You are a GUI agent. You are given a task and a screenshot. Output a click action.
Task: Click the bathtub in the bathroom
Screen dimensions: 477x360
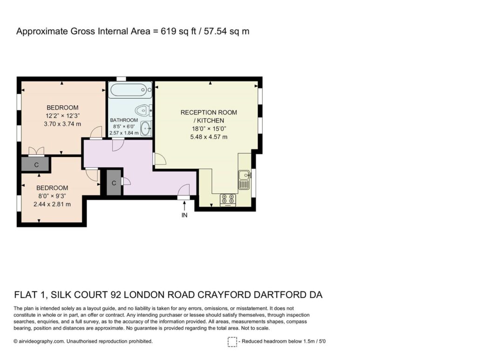[x=130, y=90]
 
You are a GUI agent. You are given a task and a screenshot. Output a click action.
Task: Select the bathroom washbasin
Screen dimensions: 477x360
[x=146, y=129]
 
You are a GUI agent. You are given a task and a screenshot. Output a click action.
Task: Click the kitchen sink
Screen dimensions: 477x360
[x=244, y=180]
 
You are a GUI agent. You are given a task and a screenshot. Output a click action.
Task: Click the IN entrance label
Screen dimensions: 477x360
[x=184, y=215]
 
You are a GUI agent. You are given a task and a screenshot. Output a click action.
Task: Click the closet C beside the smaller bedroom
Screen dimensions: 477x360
[x=36, y=165]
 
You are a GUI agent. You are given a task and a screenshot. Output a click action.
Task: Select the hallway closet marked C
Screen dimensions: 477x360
[x=114, y=183]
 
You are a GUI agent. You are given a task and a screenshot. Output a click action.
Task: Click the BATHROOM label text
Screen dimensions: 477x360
[x=124, y=120]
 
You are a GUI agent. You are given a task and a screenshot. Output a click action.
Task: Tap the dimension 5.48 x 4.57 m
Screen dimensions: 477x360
[x=209, y=137]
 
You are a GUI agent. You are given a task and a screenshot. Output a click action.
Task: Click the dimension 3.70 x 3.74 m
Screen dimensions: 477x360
[x=62, y=124]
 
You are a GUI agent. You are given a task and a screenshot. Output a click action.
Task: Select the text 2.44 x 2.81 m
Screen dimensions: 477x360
[x=52, y=204]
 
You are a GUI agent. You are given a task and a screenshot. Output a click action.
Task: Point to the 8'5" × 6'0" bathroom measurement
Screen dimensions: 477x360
[x=124, y=127]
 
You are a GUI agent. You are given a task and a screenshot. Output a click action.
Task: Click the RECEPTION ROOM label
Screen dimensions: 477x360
[x=209, y=113]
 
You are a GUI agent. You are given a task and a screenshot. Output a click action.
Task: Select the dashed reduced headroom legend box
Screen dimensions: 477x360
[x=232, y=342]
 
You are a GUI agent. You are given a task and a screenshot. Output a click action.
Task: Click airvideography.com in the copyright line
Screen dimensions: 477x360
[x=41, y=341]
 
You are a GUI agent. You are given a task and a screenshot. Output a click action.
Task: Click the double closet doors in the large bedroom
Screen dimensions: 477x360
[x=36, y=151]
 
